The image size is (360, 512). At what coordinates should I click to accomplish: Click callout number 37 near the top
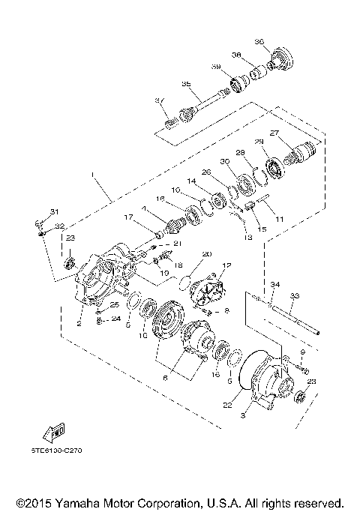tap(159, 101)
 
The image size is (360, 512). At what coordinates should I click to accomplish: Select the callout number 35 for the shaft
tap(186, 85)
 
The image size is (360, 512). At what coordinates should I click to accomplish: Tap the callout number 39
tap(215, 67)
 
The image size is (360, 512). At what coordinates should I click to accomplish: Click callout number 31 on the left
tap(53, 211)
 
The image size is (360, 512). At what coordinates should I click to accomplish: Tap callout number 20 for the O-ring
tap(207, 254)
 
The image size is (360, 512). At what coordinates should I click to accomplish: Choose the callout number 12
tap(227, 265)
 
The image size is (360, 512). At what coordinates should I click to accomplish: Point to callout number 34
tap(274, 285)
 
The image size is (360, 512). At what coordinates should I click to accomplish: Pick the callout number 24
tap(115, 318)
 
